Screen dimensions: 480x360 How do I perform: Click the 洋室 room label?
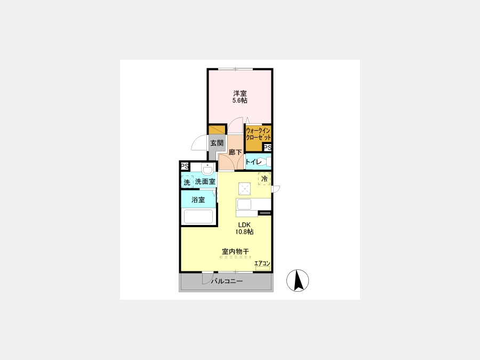tap(240, 93)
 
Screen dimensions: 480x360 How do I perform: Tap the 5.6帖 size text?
tap(240, 100)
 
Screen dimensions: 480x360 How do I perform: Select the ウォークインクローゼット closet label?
tap(258, 134)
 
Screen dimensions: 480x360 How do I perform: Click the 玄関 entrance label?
tap(217, 142)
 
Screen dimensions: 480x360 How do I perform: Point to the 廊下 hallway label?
tap(235, 152)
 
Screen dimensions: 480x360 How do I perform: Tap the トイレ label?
tap(253, 162)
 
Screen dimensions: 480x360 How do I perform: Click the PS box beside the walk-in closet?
tap(267, 148)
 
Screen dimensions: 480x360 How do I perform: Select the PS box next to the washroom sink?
tap(185, 166)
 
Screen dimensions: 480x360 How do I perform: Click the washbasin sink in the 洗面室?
tap(207, 169)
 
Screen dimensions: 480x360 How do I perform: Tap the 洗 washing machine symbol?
tap(187, 182)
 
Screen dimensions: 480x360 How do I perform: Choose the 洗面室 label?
tap(205, 181)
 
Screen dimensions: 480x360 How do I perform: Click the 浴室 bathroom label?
tap(198, 199)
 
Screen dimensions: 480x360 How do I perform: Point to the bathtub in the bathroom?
tap(198, 217)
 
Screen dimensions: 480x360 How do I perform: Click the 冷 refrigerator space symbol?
tap(264, 179)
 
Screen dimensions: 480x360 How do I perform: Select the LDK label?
tap(244, 225)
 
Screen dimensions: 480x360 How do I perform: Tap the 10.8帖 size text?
tap(244, 232)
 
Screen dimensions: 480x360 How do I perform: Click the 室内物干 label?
tap(235, 251)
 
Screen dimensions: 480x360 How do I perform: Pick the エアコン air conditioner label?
tap(262, 263)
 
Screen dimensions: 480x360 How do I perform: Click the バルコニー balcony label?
tap(227, 281)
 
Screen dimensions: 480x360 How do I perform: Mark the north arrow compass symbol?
tap(298, 281)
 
